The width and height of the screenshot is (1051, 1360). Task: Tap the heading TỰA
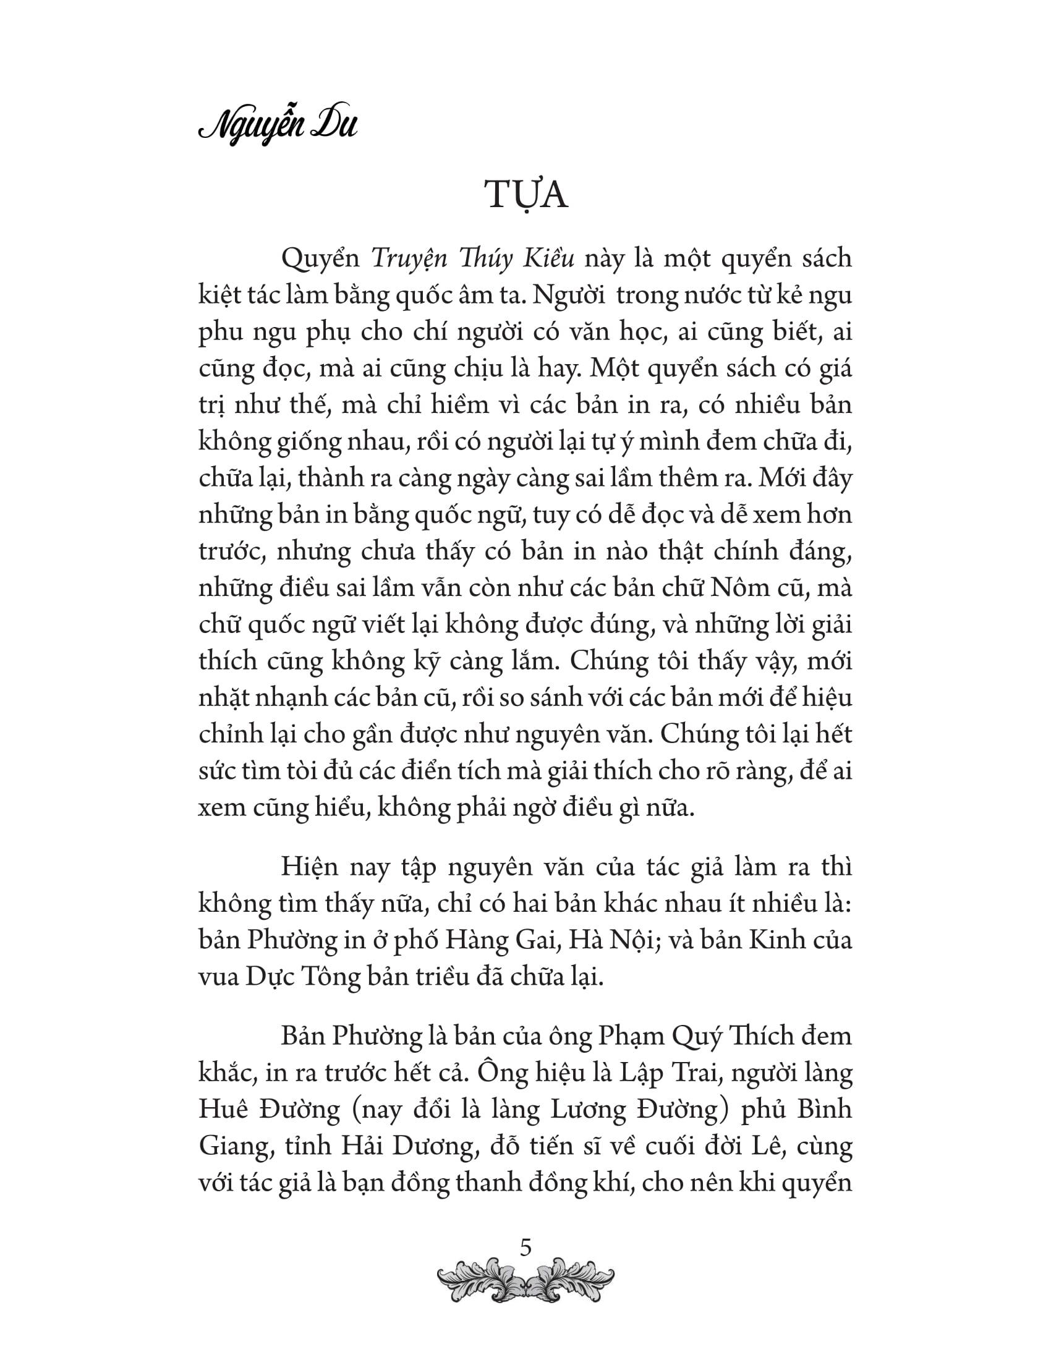[526, 196]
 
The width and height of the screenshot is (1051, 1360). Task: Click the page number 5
[525, 1248]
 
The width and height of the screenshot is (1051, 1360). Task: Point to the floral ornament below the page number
[525, 1283]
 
